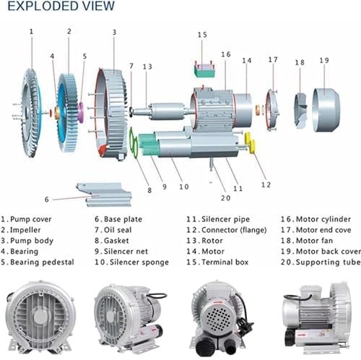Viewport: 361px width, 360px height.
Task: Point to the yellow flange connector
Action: point(251,143)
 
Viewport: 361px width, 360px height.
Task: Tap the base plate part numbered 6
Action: point(103,193)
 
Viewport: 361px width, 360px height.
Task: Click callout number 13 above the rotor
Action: point(147,67)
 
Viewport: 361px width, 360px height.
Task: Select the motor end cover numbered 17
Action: point(272,108)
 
